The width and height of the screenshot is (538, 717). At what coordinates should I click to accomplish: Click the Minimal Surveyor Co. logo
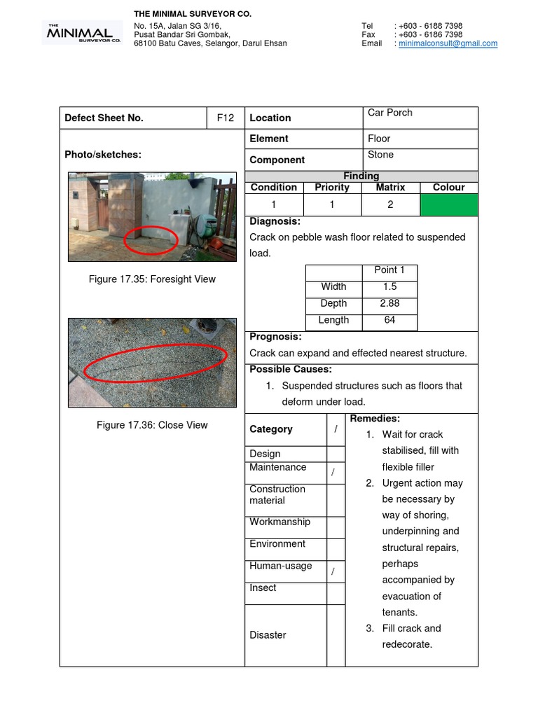pyautogui.click(x=83, y=33)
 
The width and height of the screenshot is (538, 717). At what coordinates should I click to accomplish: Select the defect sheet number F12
pyautogui.click(x=226, y=118)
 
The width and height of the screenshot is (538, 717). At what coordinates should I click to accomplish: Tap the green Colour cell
pyautogui.click(x=448, y=204)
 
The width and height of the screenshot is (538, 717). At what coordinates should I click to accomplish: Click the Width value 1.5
pyautogui.click(x=389, y=286)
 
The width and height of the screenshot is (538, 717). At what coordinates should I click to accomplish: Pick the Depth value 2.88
pyautogui.click(x=389, y=303)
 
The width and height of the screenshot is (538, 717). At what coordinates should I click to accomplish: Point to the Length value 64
pyautogui.click(x=389, y=320)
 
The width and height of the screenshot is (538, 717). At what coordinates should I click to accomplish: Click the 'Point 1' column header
pyautogui.click(x=389, y=270)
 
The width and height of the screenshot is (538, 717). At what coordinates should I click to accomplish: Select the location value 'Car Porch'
pyautogui.click(x=390, y=113)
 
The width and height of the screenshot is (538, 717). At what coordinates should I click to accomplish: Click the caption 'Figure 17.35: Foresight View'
pyautogui.click(x=152, y=279)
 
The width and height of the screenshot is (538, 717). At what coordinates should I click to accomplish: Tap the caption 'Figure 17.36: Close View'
pyautogui.click(x=152, y=425)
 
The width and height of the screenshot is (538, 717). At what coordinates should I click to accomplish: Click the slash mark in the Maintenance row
pyautogui.click(x=333, y=473)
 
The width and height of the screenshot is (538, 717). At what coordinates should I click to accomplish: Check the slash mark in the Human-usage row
pyautogui.click(x=333, y=572)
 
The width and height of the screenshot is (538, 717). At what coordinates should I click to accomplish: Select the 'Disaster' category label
pyautogui.click(x=268, y=635)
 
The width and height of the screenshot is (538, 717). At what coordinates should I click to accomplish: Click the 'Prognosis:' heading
pyautogui.click(x=275, y=337)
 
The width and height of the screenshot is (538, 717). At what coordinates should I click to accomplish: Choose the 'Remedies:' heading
pyautogui.click(x=375, y=418)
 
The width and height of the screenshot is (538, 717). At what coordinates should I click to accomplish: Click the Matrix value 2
pyautogui.click(x=390, y=204)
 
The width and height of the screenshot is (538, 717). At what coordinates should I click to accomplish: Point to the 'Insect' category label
pyautogui.click(x=263, y=588)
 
